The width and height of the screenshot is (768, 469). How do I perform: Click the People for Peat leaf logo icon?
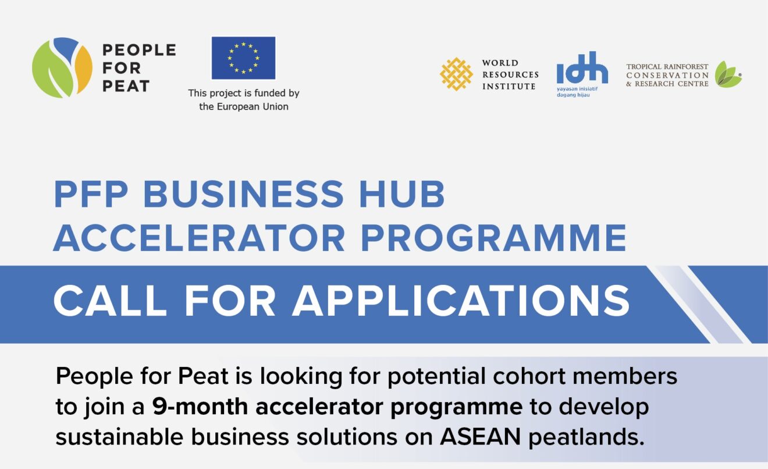tap(62, 67)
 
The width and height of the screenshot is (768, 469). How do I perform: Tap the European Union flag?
tap(243, 58)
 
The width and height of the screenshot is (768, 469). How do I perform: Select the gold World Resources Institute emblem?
tap(456, 74)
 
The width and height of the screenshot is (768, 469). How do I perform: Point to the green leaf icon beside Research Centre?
tap(728, 75)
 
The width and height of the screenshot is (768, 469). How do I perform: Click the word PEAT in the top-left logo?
tap(126, 86)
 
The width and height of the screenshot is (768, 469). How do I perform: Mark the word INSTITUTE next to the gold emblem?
tap(509, 86)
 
